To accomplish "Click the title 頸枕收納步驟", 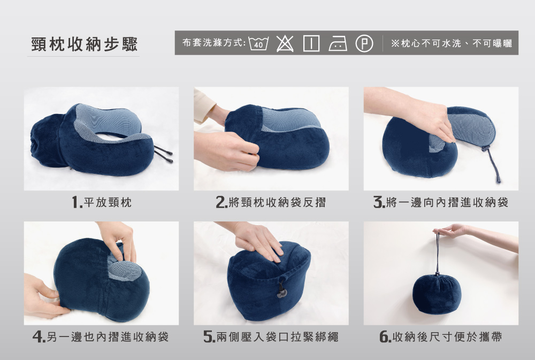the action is pos(85,44).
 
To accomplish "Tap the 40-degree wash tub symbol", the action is pos(258,43).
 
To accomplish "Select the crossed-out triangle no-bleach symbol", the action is pos(285,43).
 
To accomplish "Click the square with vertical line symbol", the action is pos(311,43).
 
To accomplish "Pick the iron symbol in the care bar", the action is pos(338,44).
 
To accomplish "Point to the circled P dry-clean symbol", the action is pos(364,44).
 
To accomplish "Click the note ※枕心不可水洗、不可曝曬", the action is pos(452,43).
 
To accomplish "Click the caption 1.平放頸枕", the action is pos(102,202).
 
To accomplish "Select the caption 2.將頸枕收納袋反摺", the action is pos(271,202).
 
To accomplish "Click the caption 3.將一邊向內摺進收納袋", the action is pos(441,202).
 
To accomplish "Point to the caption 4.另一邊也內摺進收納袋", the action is pos(101,337).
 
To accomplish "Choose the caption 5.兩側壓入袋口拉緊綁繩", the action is pos(271,337).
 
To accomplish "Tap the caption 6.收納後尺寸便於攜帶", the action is pos(441,337).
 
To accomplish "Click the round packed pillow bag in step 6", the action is pos(437,294).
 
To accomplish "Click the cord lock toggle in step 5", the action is pos(282,291).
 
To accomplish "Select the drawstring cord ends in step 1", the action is pos(163,155).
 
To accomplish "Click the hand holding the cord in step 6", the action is pos(474,235).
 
